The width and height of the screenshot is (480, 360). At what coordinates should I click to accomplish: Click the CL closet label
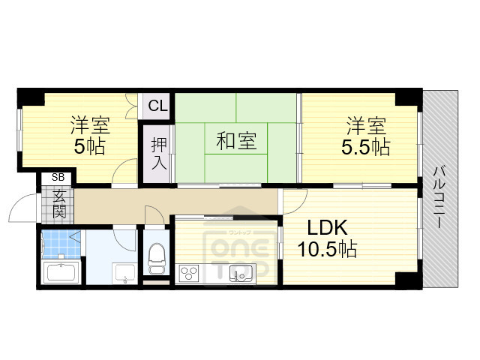(x=157, y=106)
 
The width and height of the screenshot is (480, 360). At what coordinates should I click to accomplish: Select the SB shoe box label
(x=57, y=178)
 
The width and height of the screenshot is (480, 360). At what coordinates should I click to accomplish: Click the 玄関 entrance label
(x=58, y=202)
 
